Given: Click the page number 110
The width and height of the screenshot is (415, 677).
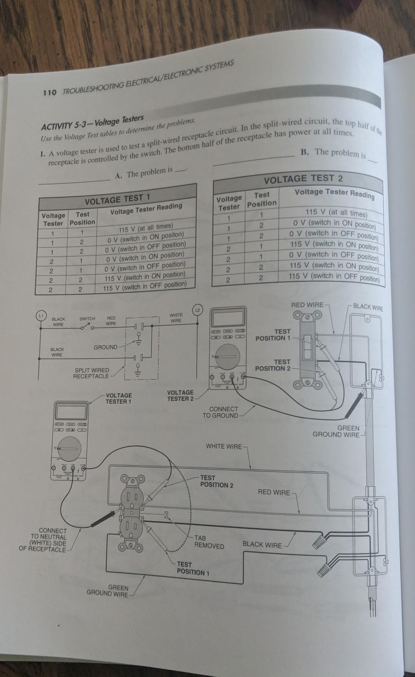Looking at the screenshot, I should click(50, 92).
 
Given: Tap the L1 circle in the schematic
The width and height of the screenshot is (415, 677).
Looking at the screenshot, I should click(40, 315).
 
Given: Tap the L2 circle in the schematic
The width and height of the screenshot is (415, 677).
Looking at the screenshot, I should click(197, 310).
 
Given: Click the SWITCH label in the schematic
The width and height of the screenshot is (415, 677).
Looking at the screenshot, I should click(87, 319).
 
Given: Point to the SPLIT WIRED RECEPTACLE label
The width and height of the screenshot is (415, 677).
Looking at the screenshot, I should click(91, 373).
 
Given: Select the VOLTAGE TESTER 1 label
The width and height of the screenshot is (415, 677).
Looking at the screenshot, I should click(118, 398).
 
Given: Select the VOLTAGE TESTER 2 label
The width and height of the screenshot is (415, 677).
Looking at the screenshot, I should click(180, 396).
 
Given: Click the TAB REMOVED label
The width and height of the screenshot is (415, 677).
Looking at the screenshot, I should click(209, 542).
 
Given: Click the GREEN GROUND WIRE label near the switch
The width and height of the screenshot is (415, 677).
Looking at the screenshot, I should click(336, 431).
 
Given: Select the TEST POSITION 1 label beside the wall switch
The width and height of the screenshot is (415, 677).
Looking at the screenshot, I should click(273, 335).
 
